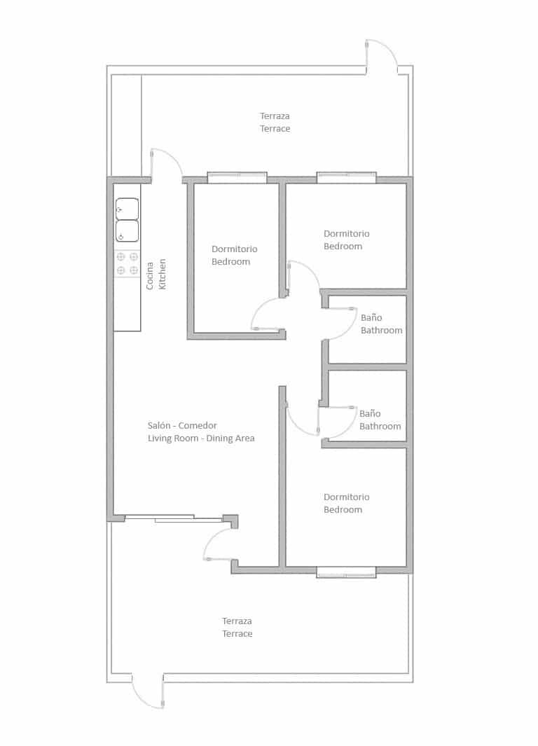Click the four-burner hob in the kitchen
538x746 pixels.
pos(127,263)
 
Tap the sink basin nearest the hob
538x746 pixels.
pos(127,231)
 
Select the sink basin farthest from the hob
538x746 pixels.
pos(127,209)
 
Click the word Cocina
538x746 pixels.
pos(150,276)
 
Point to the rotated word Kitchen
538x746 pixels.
pos(163,275)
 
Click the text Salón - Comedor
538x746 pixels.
pos(182,425)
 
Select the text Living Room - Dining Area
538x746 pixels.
pos(201,438)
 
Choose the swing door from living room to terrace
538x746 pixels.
pos(219,545)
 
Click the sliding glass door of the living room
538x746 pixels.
pos(174,518)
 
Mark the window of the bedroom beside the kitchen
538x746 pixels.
pos(237,178)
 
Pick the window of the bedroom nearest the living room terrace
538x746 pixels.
pos(346,572)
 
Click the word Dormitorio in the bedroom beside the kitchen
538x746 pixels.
pos(234,249)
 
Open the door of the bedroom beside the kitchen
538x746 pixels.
pos(268,315)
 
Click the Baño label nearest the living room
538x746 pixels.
pos(370,413)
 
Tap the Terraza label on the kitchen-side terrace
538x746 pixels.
pos(275,116)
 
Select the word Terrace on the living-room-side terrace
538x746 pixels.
pos(237,634)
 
